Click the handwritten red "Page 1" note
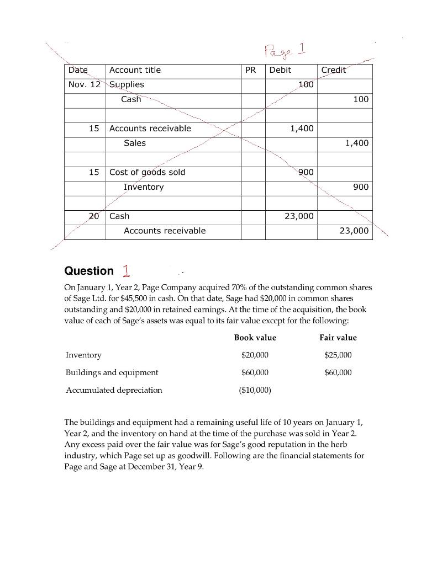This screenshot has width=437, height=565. coord(286,51)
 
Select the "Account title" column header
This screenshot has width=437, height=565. coord(135,70)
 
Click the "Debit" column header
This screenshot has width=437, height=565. coord(280,70)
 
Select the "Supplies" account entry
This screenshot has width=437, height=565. coord(127,84)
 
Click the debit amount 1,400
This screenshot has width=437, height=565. coord(302,129)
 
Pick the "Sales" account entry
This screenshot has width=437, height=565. coord(135,143)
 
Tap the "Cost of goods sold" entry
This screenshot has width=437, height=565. coord(147,172)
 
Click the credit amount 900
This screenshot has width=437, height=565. coord(360,187)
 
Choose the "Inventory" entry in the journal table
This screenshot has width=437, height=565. coord(144,187)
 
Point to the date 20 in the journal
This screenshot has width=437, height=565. coord(94,216)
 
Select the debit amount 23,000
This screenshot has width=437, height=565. coord(298,216)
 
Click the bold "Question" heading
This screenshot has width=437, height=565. coord(89,271)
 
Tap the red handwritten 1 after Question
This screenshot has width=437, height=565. coord(127,270)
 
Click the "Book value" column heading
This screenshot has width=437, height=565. coord(255,338)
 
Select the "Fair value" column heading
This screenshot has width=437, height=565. coord(338,338)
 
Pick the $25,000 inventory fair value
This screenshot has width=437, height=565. coord(338,355)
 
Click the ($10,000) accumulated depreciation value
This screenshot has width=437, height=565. coord(255,390)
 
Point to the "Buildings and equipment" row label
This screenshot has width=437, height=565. coord(112,372)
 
